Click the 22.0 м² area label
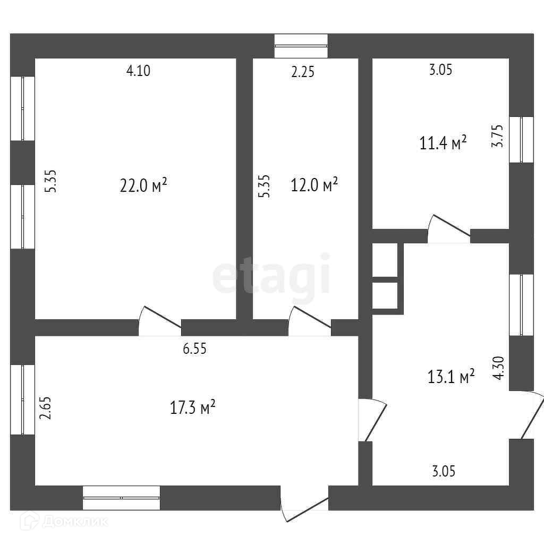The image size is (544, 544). (143, 186)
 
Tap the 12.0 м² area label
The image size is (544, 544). (314, 186)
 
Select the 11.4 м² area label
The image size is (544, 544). (444, 143)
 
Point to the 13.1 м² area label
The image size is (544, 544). (451, 377)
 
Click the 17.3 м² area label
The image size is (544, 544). (192, 408)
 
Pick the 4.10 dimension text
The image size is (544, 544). (138, 71)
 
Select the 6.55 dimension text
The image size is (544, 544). (194, 349)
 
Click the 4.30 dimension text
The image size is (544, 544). (498, 368)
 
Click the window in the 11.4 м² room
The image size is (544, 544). (521, 139)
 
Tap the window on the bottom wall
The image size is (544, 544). (121, 498)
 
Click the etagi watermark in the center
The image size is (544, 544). (271, 275)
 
